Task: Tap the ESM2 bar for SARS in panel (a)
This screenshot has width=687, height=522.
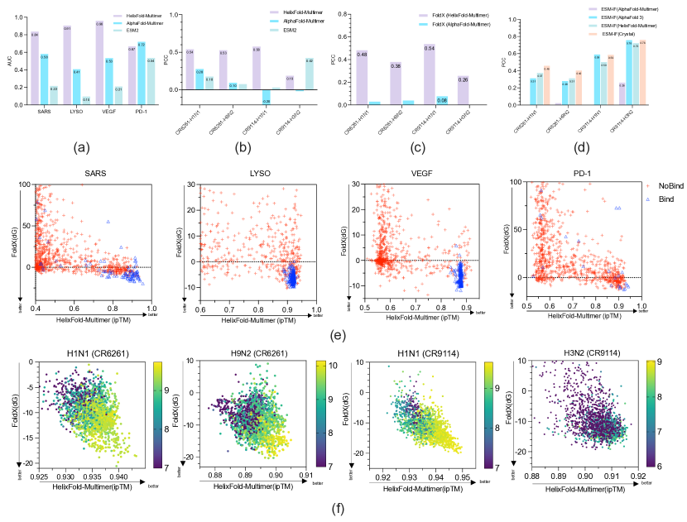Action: [x=54, y=95]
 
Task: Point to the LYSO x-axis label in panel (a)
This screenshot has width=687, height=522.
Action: [x=77, y=113]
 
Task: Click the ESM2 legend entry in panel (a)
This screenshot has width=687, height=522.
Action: [x=145, y=29]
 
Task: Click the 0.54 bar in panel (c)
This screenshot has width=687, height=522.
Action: [x=429, y=74]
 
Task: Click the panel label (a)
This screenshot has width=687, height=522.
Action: [x=81, y=147]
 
